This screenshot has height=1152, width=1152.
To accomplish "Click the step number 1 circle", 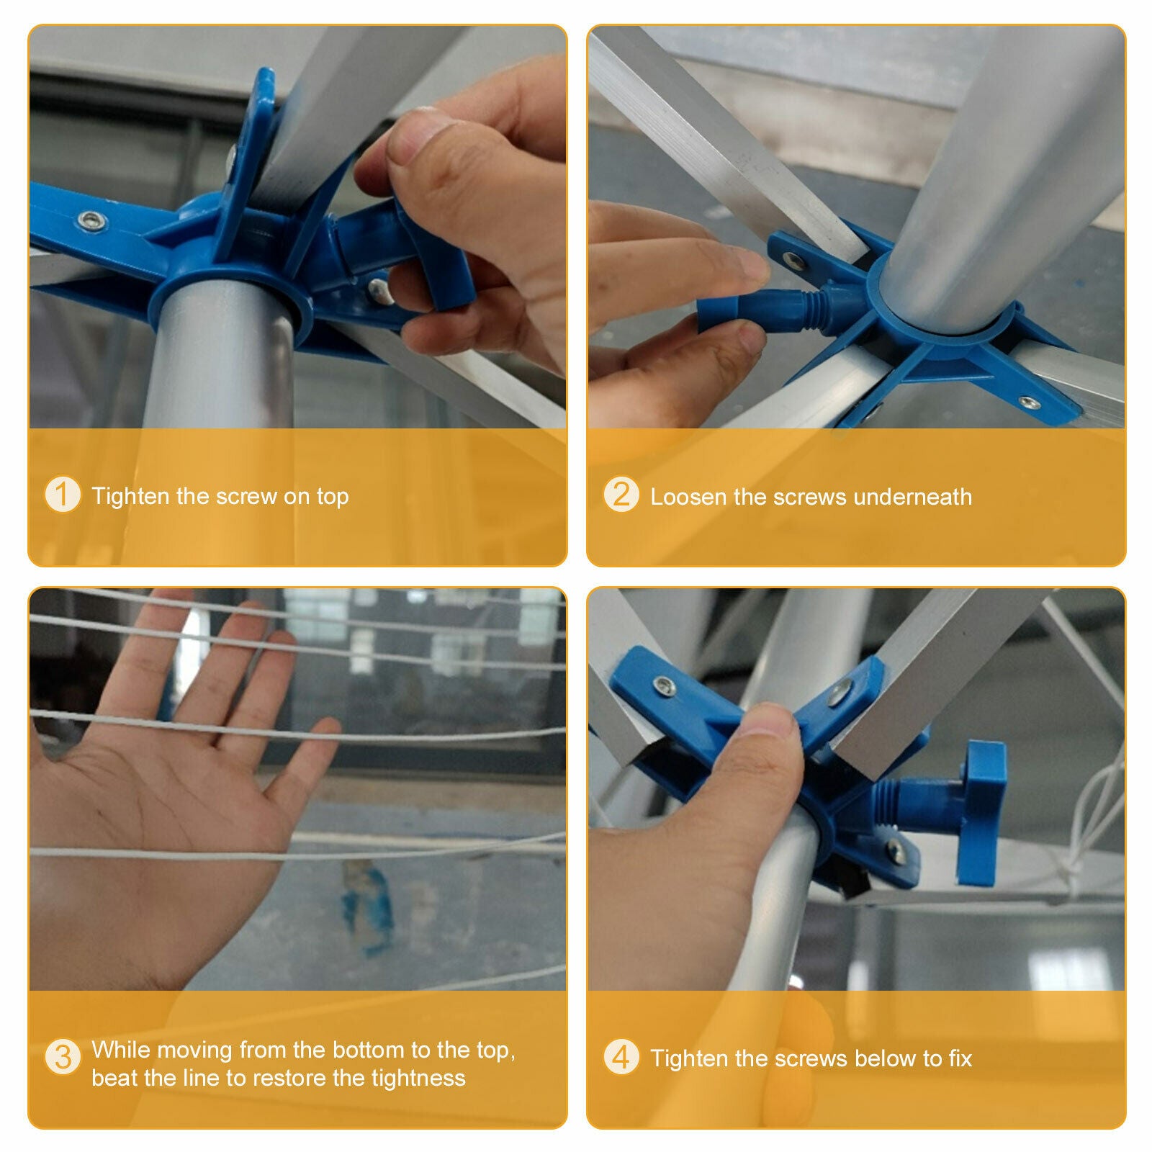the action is tap(63, 495).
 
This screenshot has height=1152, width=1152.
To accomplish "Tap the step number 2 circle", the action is tap(621, 495).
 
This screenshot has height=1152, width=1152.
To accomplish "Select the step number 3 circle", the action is tap(63, 1057).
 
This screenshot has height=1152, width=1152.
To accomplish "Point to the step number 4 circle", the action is tap(621, 1057).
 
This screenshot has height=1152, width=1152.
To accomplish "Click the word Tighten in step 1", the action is tap(131, 496).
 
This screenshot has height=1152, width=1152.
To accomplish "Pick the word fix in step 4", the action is tap(960, 1058).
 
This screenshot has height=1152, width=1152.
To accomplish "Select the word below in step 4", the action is tap(888, 1058).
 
